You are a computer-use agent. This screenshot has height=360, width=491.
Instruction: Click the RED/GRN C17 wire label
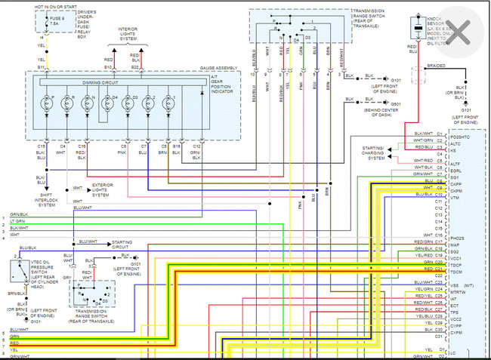click(428, 242)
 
